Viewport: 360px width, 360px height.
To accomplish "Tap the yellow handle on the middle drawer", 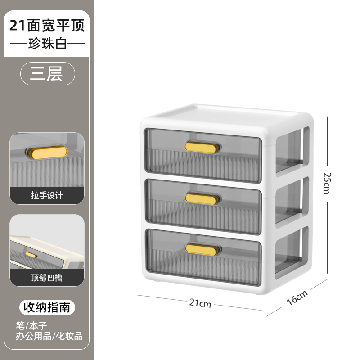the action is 202,198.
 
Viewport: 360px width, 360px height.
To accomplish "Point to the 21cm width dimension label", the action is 200,303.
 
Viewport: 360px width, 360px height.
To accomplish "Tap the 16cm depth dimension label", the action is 297,298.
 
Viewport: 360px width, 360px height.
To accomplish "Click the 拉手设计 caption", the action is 47,195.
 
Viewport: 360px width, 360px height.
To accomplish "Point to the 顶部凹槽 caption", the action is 47,278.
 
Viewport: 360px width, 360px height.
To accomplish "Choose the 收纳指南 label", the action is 47,308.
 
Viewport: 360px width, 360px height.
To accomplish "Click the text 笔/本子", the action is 31,325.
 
